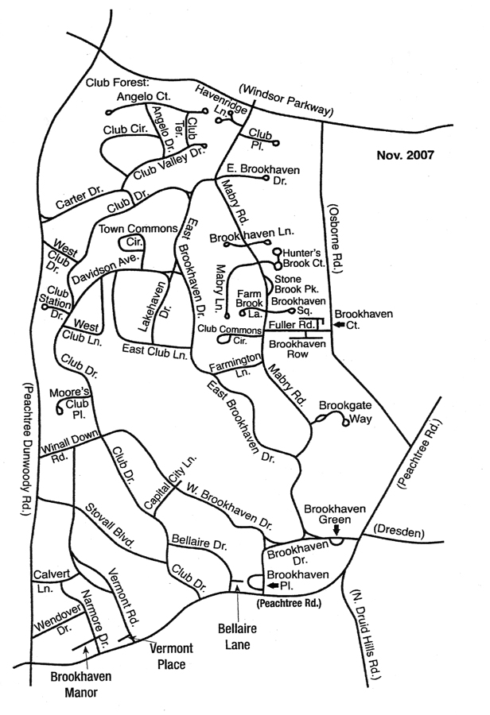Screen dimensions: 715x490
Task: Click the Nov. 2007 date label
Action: pyautogui.click(x=405, y=155)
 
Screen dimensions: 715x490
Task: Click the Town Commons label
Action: pyautogui.click(x=137, y=229)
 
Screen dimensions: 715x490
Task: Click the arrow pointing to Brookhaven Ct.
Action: pyautogui.click(x=340, y=325)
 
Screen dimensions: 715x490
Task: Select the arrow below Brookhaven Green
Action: pyautogui.click(x=336, y=528)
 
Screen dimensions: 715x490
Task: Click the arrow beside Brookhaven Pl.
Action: pyautogui.click(x=273, y=586)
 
